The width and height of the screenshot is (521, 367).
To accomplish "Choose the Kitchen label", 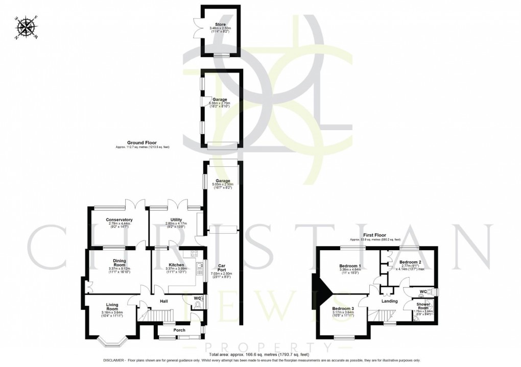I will click(x=176, y=265).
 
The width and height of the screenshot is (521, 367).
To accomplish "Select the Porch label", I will click(x=179, y=329).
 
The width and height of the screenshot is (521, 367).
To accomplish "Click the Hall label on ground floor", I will click(x=164, y=301).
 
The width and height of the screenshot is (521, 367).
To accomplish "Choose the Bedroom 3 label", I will click(x=342, y=309).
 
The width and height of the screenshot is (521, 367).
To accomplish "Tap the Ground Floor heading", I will click(x=143, y=143).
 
